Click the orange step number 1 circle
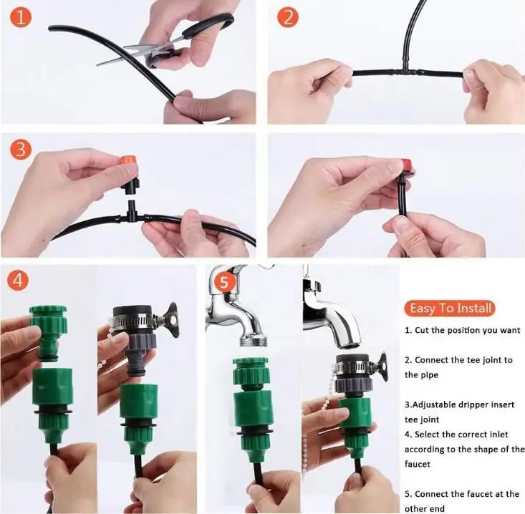[x=21, y=18]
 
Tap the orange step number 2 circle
[x=288, y=18]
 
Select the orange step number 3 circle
[x=21, y=149]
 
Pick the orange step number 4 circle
[x=19, y=279]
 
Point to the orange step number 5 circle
[x=224, y=282]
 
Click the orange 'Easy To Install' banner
[x=450, y=309]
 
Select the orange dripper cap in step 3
[x=129, y=163]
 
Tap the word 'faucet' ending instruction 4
[x=417, y=464]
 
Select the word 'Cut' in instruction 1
[x=422, y=330]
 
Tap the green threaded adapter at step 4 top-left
[x=49, y=331]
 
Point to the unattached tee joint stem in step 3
[x=131, y=208]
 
